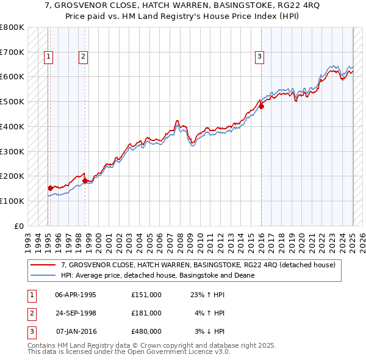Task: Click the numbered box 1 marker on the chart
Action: click(x=48, y=57)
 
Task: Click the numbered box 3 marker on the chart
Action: click(x=259, y=57)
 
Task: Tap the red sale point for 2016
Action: click(x=261, y=106)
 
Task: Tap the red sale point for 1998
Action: click(x=85, y=181)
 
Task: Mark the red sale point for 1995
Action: click(x=50, y=188)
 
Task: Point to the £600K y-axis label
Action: click(x=12, y=77)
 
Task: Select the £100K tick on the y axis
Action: click(x=12, y=201)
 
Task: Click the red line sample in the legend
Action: click(x=43, y=265)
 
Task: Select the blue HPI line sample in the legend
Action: click(x=43, y=275)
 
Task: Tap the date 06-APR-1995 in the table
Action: click(x=76, y=295)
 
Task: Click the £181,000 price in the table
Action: click(x=146, y=313)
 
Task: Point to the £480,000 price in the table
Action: click(x=146, y=331)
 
